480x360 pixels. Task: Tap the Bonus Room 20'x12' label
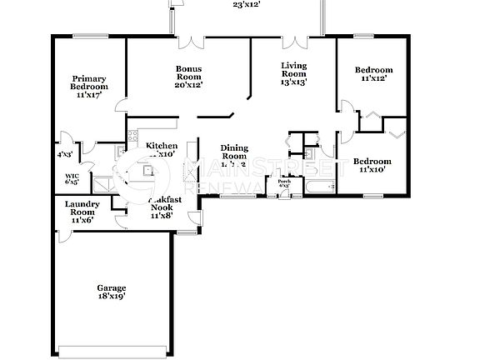pyautogui.click(x=189, y=77)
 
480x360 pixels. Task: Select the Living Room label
pyautogui.click(x=292, y=74)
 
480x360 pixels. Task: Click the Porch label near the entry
pyautogui.click(x=284, y=182)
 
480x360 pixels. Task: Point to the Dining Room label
pyautogui.click(x=234, y=155)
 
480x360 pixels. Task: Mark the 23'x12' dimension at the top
pyautogui.click(x=247, y=5)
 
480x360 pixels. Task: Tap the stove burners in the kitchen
pyautogui.click(x=132, y=138)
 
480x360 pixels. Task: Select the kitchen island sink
pyautogui.click(x=148, y=171)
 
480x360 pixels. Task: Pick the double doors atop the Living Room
pyautogui.click(x=294, y=39)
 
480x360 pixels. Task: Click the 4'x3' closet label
pyautogui.click(x=64, y=155)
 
